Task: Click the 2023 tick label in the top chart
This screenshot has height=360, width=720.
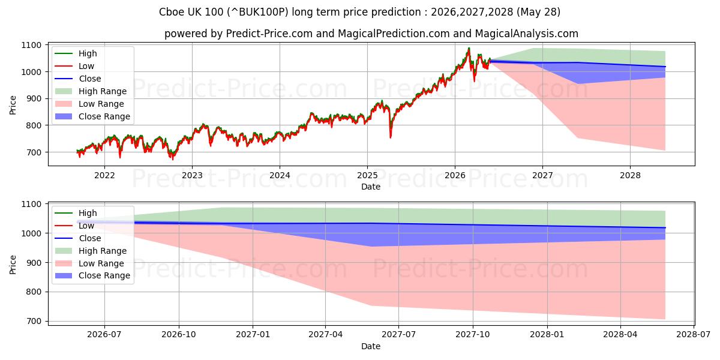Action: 192,175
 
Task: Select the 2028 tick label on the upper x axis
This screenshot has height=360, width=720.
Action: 630,175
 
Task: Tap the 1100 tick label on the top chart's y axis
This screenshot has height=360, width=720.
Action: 31,46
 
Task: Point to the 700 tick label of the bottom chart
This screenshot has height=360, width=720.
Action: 34,321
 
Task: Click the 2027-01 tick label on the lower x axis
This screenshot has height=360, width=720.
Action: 253,335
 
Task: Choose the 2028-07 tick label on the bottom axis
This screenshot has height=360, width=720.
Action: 694,335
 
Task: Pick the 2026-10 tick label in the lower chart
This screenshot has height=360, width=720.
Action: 179,335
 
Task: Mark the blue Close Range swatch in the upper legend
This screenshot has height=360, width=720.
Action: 64,116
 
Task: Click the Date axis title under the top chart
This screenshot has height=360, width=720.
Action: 371,187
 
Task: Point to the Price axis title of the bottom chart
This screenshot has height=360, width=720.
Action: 13,265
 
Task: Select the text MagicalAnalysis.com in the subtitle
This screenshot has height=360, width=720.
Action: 527,34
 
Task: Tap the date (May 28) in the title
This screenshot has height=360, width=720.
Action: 538,12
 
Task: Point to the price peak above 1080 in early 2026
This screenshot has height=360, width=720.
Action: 469,48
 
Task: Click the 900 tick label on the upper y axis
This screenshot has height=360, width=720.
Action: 34,98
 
